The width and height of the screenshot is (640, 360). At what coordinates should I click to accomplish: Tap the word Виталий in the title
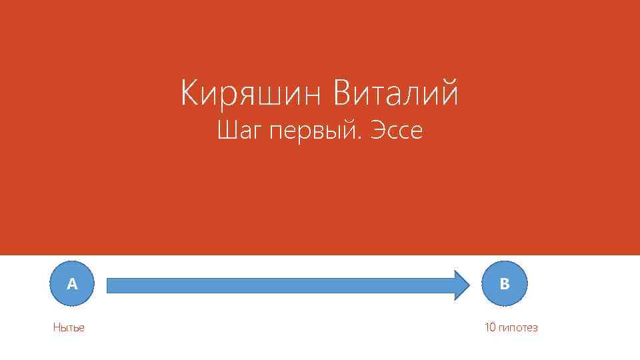pos(396,93)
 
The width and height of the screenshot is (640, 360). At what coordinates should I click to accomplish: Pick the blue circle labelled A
pos(72,284)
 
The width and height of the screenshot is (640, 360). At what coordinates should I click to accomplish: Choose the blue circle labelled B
pos(505,284)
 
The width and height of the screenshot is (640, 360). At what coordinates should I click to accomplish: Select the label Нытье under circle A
pos(69,328)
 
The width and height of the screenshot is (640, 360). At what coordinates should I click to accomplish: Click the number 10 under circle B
pos(490,327)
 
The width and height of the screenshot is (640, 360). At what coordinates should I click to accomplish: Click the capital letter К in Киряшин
pos(190,93)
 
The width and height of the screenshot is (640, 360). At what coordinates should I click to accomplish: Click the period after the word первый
pos(360,138)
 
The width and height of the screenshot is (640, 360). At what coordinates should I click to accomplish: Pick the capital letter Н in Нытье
pos(57,327)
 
